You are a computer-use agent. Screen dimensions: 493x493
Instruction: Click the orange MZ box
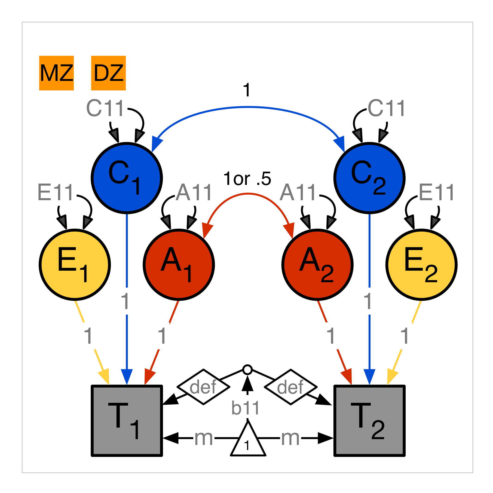click(x=56, y=73)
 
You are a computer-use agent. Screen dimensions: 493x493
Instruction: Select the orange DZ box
click(x=108, y=73)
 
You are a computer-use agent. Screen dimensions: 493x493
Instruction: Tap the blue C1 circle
click(x=127, y=178)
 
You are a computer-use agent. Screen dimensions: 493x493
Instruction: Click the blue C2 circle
click(x=370, y=178)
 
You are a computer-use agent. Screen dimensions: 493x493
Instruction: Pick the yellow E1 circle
click(x=75, y=265)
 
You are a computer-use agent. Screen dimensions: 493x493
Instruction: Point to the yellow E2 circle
click(x=422, y=265)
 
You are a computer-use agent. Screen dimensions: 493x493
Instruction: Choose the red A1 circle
click(x=179, y=265)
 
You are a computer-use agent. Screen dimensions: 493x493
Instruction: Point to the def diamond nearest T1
click(x=203, y=387)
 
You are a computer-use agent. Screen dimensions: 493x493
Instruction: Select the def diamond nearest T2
click(x=291, y=387)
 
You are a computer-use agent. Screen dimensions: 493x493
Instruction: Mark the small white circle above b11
click(x=248, y=370)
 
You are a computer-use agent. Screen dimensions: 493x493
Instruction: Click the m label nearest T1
click(x=204, y=438)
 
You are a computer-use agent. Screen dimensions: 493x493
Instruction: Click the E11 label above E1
click(x=56, y=192)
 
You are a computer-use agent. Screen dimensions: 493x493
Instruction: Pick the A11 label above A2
click(x=298, y=192)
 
